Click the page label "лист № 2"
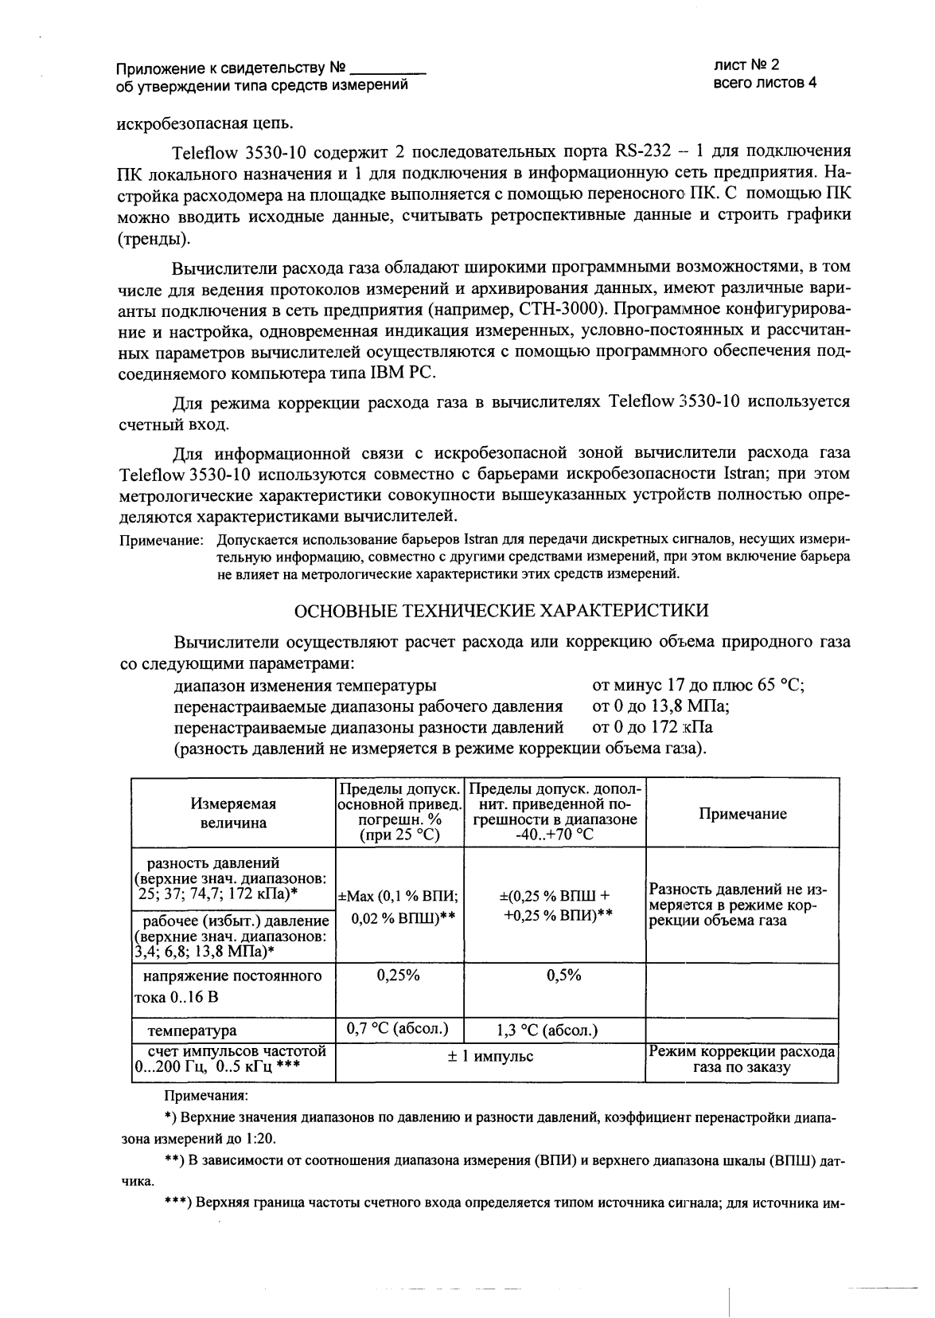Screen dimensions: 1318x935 746,67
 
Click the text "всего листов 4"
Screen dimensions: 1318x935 765,83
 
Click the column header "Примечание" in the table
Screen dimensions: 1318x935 742,813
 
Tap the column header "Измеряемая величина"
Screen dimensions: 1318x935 233,813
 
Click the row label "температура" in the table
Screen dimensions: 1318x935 192,1031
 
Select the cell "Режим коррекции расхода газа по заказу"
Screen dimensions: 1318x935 742,1059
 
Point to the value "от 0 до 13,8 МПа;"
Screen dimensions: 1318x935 661,706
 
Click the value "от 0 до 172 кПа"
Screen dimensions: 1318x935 653,727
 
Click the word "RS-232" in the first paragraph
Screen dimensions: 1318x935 642,151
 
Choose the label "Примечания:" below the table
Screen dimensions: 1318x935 206,1097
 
